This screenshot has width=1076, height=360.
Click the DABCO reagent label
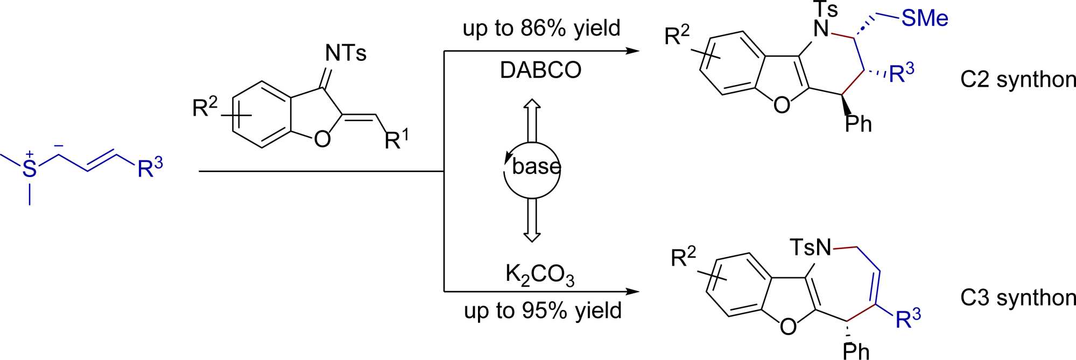540,70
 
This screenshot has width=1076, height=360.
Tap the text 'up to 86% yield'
541,28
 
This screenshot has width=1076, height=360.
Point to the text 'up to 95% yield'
543,310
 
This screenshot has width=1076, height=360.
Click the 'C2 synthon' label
1017,80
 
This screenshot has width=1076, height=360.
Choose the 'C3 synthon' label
1017,298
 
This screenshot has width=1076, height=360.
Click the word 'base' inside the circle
536,166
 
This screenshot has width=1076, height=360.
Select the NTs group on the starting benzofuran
346,53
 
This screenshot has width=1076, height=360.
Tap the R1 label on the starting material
396,140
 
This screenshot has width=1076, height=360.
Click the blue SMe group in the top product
924,18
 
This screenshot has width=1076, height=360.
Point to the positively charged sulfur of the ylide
29,168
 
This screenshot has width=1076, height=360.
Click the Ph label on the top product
858,124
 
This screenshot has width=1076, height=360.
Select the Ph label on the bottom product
856,351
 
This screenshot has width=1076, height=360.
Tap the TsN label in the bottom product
811,248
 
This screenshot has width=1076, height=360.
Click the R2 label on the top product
677,36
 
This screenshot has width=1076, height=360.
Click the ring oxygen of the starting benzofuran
322,139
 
